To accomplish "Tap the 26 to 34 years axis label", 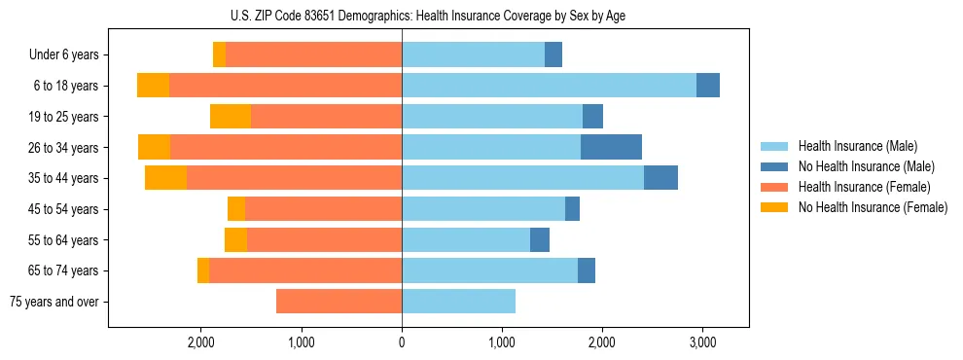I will coord(66,148).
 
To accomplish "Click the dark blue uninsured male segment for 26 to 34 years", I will coord(611,148).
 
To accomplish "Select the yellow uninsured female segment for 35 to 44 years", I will coord(165,178).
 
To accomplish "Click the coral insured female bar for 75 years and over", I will coord(339,302).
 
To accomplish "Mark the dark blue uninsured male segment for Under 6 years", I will coord(553,55).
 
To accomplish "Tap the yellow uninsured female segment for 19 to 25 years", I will coord(231,117).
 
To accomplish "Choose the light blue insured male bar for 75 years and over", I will coord(458,302).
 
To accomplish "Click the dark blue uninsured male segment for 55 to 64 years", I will coord(540,240).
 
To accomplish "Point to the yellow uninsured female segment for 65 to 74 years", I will coord(203,270).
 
